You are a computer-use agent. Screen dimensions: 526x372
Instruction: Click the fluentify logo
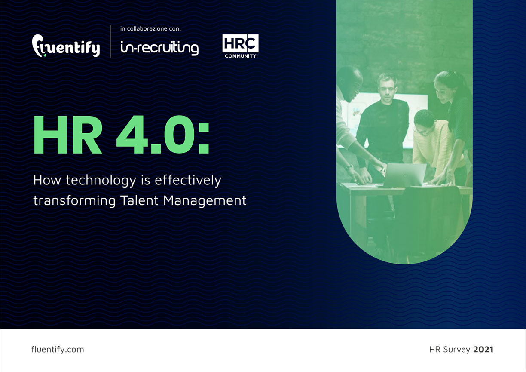66,46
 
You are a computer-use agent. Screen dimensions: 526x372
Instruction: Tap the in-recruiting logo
159,48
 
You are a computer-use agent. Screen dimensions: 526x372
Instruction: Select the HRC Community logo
240,46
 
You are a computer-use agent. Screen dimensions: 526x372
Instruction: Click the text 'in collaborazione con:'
150,29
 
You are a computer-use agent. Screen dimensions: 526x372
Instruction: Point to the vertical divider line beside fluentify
110,41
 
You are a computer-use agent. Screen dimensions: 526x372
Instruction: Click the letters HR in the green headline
68,135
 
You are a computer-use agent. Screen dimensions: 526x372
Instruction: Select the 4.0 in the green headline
156,135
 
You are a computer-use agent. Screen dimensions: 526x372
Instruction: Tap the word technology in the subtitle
101,181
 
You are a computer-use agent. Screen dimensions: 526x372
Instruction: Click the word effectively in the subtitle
188,181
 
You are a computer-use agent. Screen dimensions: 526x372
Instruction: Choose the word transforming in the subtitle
74,201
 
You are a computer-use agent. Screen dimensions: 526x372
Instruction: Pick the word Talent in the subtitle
140,200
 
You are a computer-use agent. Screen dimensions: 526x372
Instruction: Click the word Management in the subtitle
205,201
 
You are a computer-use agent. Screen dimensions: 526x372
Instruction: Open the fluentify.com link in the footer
58,350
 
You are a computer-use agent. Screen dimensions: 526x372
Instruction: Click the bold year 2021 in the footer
483,350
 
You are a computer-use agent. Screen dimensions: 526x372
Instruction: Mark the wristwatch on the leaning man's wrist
349,167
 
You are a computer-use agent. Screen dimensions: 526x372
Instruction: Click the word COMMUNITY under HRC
241,56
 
